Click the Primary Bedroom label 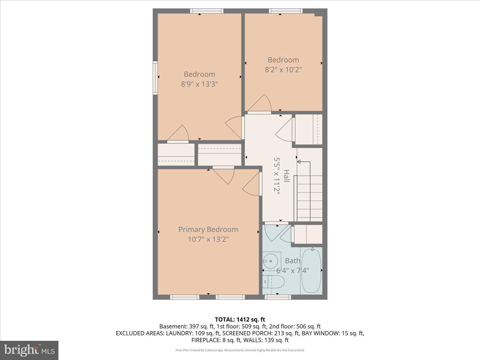coord(208,229)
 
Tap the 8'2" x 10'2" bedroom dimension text coord(283,69)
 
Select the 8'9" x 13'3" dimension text coord(199,84)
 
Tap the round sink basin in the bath coord(270,261)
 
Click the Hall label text coord(286,176)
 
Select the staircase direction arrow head coord(299,162)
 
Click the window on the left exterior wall coord(155,78)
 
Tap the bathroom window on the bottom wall coord(278,297)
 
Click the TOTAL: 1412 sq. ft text coord(240,319)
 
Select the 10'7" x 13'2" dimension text coord(208,239)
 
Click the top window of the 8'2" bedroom coord(285,11)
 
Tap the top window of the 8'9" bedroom coord(206,11)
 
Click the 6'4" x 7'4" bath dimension coord(293,270)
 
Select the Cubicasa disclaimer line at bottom coord(240,350)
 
